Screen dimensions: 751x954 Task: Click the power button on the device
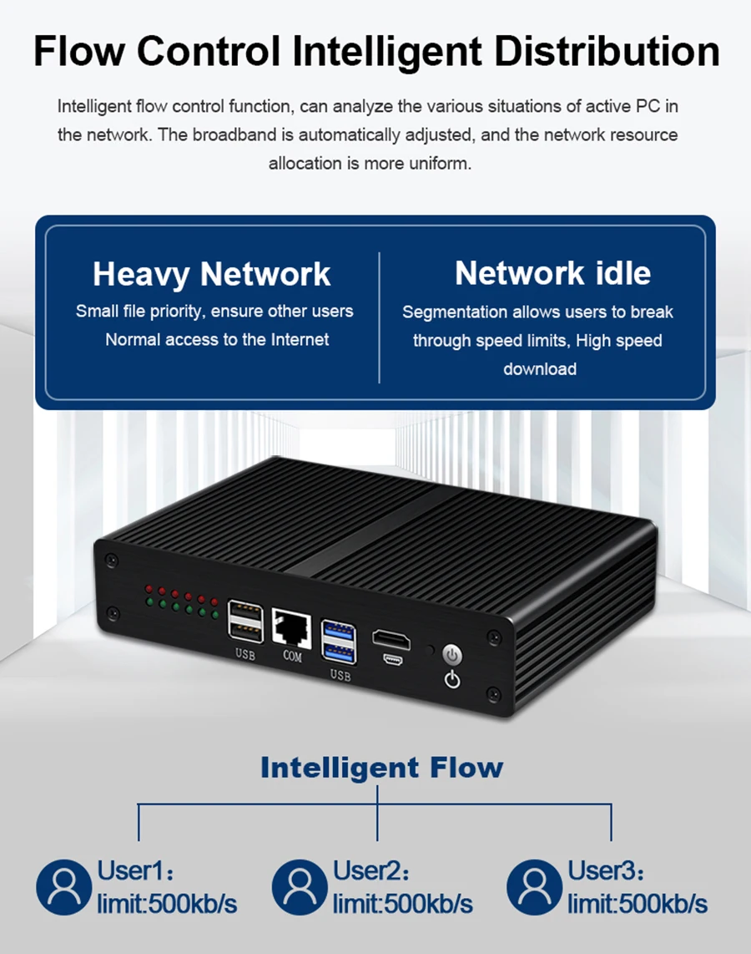point(452,653)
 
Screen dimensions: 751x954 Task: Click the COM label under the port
point(292,657)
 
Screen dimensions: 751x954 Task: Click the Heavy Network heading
point(212,274)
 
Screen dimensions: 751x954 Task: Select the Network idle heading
point(552,273)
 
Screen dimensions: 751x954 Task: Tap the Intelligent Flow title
point(381,767)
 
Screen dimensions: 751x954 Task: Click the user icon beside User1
point(63,886)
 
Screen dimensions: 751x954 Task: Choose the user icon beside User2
point(300,886)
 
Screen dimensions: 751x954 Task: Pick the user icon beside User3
point(535,886)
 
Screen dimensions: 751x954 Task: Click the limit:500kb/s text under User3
point(638,904)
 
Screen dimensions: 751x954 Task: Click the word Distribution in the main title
point(606,51)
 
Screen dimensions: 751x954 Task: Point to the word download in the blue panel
point(540,368)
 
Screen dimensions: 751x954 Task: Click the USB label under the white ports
point(244,654)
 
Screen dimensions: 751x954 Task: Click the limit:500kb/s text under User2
point(402,904)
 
